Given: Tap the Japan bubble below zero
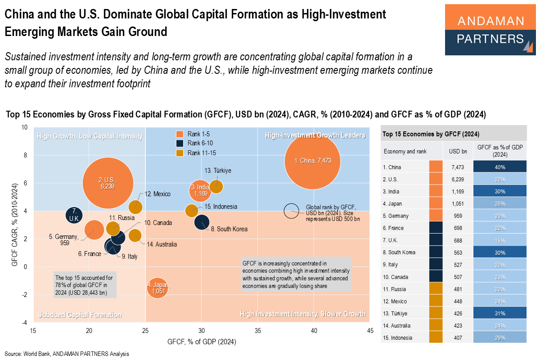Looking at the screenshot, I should (x=156, y=288).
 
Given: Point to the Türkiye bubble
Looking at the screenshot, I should (x=216, y=186).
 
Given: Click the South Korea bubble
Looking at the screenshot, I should (x=202, y=221).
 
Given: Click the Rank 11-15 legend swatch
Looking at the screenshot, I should (x=179, y=153).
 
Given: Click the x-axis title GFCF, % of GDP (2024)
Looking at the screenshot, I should (x=202, y=342).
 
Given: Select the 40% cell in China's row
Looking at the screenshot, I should (x=500, y=167).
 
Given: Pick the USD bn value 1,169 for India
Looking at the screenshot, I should (x=458, y=191).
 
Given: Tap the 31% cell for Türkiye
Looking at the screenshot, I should (x=500, y=313).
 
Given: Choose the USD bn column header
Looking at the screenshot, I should (x=458, y=151).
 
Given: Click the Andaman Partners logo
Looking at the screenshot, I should (x=490, y=30).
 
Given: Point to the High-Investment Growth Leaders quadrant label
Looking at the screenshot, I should (x=315, y=135).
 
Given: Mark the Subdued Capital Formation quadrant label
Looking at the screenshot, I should (x=80, y=315).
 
